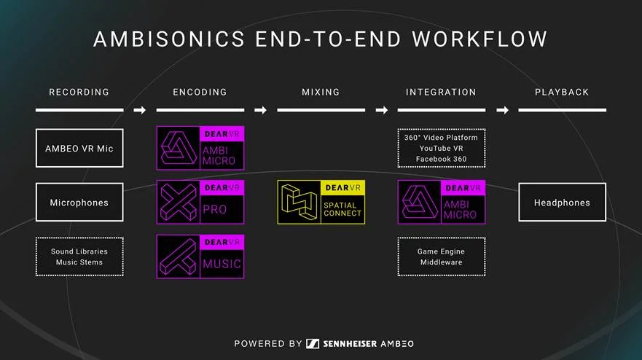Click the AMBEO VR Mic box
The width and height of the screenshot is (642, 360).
[x=79, y=148]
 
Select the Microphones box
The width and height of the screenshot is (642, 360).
[x=79, y=202]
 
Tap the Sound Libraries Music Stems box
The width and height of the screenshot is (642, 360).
[x=79, y=257]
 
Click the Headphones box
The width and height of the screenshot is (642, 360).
[x=562, y=202]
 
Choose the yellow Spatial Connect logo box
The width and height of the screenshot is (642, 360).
[x=321, y=202]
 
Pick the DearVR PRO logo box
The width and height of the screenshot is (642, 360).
[x=200, y=202]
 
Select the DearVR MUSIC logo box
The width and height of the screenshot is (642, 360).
[x=200, y=257]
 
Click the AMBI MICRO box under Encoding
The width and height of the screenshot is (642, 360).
[x=200, y=148]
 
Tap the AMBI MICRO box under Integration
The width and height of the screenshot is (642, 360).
[x=441, y=202]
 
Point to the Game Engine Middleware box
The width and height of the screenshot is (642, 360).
[x=441, y=257]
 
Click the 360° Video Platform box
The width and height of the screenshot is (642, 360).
[x=441, y=148]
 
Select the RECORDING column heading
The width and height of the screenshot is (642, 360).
[x=79, y=93]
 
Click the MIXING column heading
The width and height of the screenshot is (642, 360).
[x=321, y=93]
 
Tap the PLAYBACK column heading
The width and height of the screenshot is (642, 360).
[x=562, y=93]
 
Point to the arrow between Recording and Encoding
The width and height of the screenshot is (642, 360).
[x=140, y=110]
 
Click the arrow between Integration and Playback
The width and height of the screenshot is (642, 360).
[x=502, y=110]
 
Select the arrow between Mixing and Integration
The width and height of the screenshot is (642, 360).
[x=381, y=110]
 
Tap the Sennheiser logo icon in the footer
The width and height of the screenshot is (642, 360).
[x=312, y=343]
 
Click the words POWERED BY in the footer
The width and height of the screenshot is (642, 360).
[x=267, y=343]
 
